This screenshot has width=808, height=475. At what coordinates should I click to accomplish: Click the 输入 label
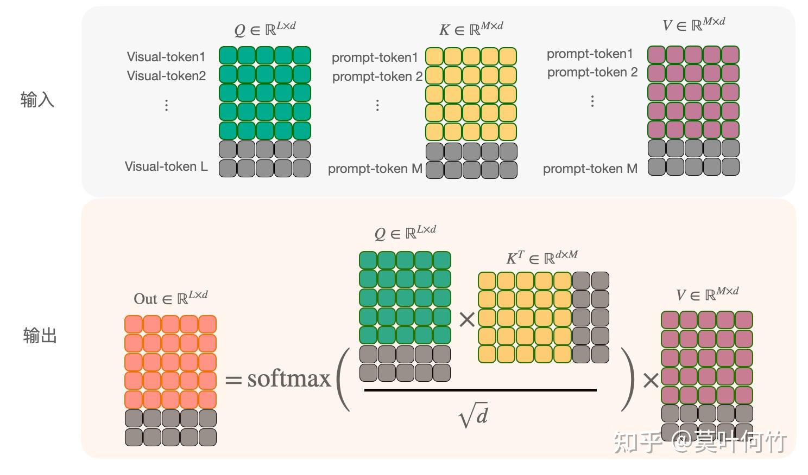(37, 100)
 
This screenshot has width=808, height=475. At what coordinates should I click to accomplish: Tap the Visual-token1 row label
(166, 57)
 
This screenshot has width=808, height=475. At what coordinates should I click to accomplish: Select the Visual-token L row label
(166, 166)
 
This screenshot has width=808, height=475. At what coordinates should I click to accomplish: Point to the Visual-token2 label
(167, 76)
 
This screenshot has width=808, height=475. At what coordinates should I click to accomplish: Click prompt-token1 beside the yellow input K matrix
(375, 57)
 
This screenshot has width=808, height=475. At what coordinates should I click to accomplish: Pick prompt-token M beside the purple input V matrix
(590, 169)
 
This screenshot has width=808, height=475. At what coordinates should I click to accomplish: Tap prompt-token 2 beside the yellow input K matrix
(377, 76)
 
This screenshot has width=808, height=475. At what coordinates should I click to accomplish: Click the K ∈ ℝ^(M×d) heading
(471, 28)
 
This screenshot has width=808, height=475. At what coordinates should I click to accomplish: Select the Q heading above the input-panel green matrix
(265, 28)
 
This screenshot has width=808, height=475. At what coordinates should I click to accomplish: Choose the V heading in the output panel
(707, 294)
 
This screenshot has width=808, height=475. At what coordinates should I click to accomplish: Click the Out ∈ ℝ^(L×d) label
(171, 298)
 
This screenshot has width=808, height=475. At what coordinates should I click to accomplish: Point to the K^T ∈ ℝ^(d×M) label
(542, 257)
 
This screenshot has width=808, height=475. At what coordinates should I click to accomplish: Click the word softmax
(289, 378)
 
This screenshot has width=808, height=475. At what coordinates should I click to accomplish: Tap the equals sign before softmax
(233, 380)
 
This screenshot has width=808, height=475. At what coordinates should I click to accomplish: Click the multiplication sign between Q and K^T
(466, 320)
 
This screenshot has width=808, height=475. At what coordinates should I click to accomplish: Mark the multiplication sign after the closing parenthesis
(651, 381)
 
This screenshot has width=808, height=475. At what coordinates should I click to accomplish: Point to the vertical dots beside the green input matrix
(167, 105)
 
